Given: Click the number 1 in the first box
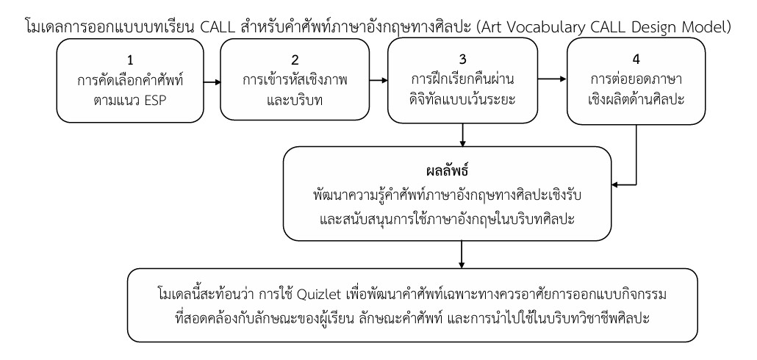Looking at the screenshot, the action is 130,60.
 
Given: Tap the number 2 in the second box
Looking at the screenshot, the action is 295,60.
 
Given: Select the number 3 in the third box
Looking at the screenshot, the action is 462,60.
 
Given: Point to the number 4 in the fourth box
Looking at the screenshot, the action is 636,60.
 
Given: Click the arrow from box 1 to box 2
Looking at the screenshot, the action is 212,82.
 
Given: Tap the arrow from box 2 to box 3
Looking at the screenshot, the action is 378,80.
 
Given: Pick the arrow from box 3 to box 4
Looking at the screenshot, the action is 552,78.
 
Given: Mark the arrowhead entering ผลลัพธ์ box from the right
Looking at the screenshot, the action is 614,184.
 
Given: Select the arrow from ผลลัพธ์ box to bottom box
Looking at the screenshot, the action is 462,254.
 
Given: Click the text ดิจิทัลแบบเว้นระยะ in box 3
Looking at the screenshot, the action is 462,99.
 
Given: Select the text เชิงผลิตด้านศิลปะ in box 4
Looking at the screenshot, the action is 636,99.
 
